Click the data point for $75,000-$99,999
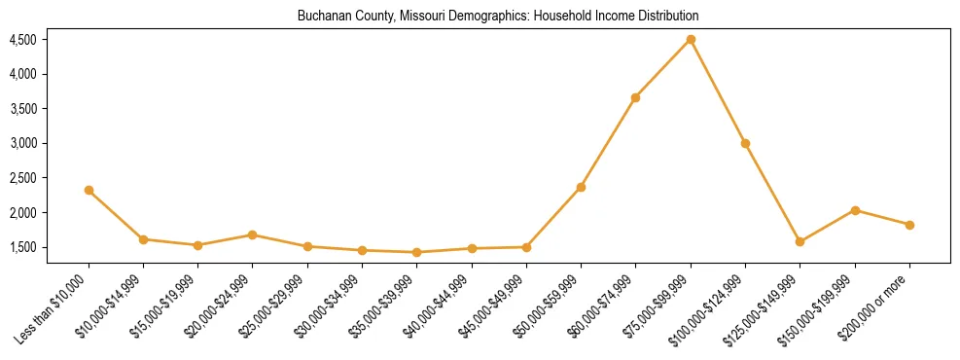(x=691, y=40)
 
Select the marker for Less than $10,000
(x=89, y=191)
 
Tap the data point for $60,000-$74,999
(x=635, y=97)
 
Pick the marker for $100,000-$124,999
(x=745, y=144)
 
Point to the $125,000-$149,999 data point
(x=800, y=241)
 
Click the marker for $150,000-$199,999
(x=855, y=210)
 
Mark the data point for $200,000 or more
(x=909, y=225)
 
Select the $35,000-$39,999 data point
(x=416, y=252)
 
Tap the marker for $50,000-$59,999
(x=581, y=187)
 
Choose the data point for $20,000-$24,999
(x=252, y=234)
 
